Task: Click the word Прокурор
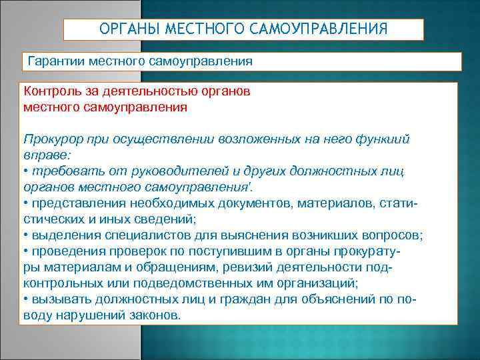pos(51,139)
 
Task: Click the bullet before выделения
pos(25,235)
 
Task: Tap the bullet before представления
pos(25,203)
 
